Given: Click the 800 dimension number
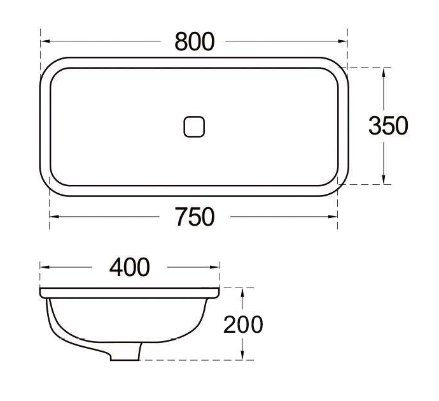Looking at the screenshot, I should point(195,41).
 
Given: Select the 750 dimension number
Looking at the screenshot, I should point(195,217).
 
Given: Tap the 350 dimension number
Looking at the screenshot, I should point(388,126).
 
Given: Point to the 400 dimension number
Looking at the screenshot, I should point(130,267).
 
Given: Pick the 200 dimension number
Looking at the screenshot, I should point(243,324).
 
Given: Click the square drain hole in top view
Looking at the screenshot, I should point(195,126).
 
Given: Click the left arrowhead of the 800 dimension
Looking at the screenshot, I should point(44,41).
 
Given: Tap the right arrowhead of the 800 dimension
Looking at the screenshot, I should point(344,41).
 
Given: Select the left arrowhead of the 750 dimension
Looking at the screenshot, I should point(53,217).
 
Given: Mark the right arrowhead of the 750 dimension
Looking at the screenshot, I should point(334,217).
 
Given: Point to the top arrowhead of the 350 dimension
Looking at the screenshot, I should point(384,72).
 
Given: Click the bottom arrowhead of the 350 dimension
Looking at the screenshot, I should point(384,180).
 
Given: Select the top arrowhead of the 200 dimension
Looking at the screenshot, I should point(242,292).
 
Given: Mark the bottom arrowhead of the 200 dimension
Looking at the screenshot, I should point(242,357).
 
